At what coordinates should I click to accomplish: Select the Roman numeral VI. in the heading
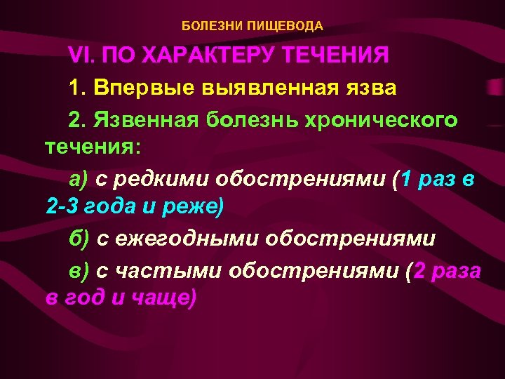83,55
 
